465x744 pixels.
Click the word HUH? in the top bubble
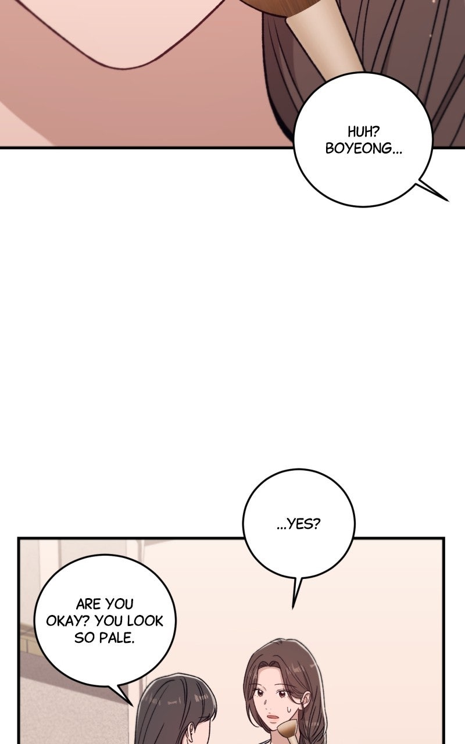363,133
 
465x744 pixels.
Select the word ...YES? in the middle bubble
298,524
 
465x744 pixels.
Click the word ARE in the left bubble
88,604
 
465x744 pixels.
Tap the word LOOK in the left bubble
145,621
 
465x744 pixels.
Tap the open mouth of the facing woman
271,721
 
